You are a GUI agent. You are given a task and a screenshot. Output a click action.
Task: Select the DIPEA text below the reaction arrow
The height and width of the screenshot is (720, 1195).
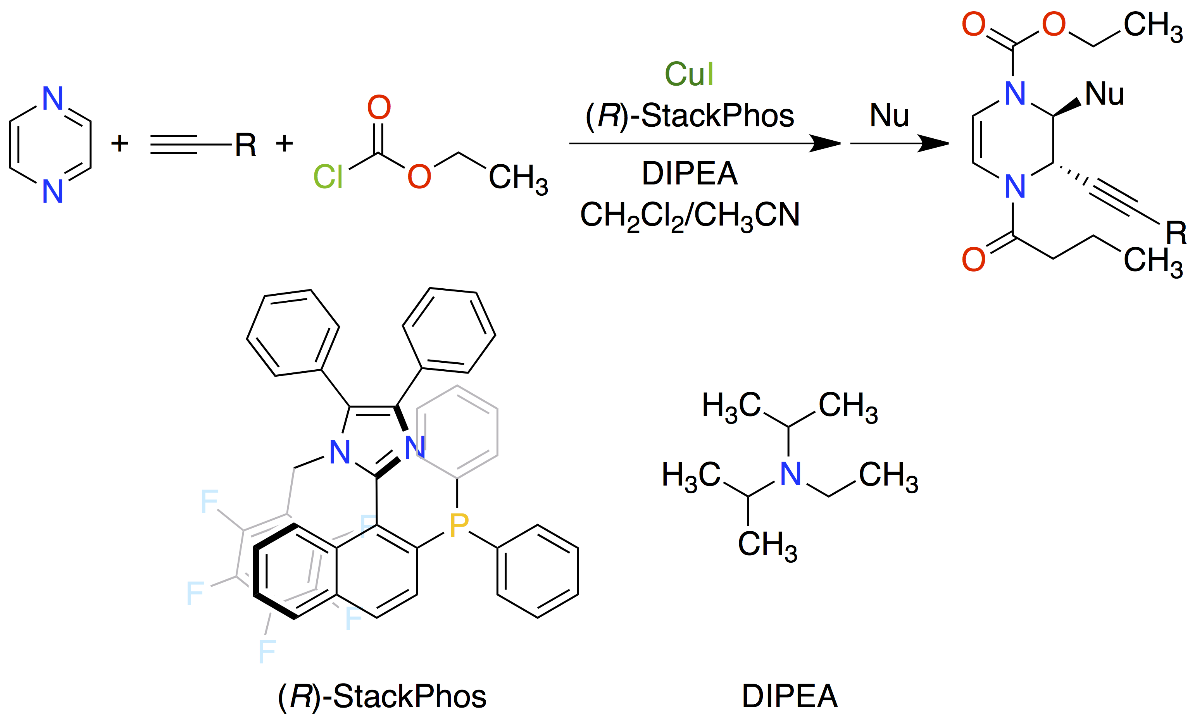[690, 174]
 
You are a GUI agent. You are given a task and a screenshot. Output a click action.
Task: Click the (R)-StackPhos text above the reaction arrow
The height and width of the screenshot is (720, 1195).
[690, 116]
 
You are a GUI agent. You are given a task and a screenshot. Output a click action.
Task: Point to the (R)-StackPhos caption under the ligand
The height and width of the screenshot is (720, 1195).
[382, 697]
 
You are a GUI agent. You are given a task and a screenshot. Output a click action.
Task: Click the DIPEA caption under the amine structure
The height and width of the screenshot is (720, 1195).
[790, 697]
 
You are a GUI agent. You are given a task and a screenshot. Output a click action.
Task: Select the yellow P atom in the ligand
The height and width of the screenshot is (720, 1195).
[459, 525]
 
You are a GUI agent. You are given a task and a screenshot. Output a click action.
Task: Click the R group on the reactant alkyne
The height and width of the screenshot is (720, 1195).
[245, 145]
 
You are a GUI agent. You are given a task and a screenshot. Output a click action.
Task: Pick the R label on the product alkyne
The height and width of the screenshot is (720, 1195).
[1176, 233]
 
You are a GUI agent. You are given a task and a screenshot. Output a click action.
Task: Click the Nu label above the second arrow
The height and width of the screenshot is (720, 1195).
[889, 116]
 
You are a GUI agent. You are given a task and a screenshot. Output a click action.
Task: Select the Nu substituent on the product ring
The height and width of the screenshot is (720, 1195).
[1104, 93]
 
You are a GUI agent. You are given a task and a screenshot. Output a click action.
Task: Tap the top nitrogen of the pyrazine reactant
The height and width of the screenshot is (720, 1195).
[52, 98]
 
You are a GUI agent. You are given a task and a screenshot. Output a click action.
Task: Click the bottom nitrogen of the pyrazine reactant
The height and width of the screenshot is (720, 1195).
[52, 191]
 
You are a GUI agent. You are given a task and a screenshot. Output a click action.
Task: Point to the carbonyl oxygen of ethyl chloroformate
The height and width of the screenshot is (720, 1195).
[379, 107]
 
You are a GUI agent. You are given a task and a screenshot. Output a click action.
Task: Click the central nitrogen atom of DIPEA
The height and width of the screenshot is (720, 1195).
[790, 474]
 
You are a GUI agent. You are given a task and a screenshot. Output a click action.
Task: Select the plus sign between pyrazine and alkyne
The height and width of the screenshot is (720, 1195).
[120, 143]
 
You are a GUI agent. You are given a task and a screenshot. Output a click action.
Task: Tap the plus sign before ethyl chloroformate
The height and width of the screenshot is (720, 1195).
[285, 143]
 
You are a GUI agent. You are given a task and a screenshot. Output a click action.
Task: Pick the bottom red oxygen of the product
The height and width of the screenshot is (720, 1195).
[973, 259]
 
